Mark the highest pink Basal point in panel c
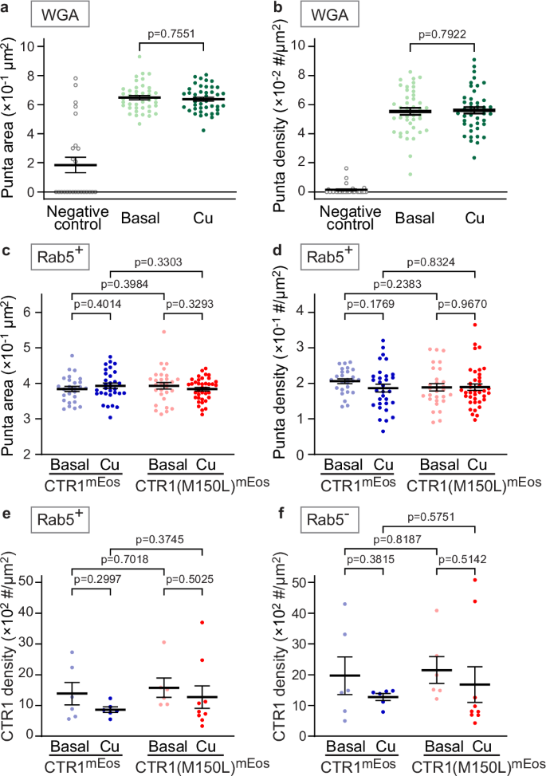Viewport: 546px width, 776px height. point(163,332)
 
